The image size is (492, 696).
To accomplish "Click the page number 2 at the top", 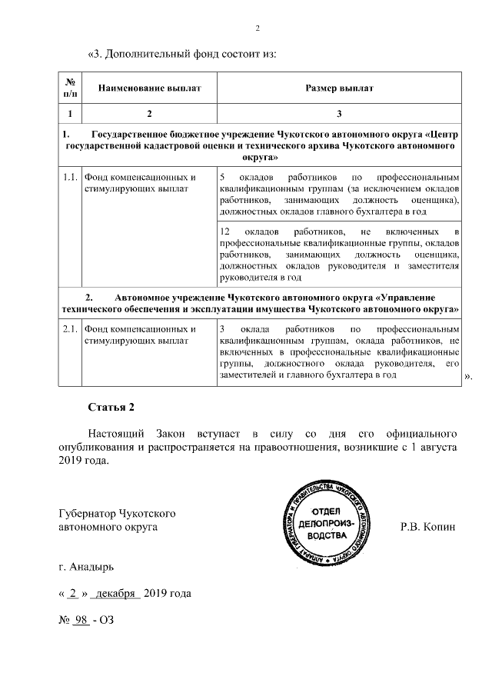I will pos(258,29).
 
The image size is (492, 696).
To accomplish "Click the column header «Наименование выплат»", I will pos(148,88).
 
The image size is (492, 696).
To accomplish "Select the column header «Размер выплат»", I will pos(339,88).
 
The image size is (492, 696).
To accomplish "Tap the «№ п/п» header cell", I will pos(70,88).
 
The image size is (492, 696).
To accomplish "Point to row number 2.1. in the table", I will pos(70,329).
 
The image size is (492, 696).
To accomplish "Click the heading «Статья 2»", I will pos(111,408).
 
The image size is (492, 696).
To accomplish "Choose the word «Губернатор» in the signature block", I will pos(88,514).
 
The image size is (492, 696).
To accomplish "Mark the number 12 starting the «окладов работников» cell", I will pos(225,231).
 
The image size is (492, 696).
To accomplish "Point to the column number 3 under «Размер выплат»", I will pos(339,114).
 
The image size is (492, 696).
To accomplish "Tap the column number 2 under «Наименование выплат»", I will pos(148,114).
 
